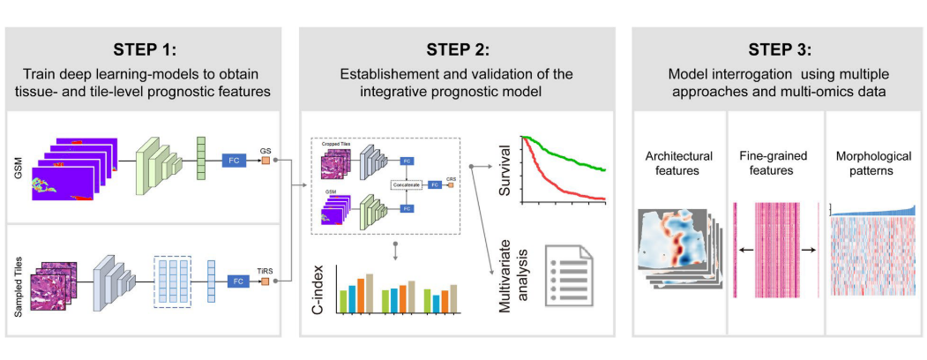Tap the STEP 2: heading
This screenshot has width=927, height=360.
(x=459, y=48)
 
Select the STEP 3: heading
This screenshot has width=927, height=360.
(x=779, y=48)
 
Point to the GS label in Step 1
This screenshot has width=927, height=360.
(x=265, y=149)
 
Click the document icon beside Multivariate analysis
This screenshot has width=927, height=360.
(x=567, y=273)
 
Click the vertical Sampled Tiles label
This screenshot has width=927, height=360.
(x=19, y=281)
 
